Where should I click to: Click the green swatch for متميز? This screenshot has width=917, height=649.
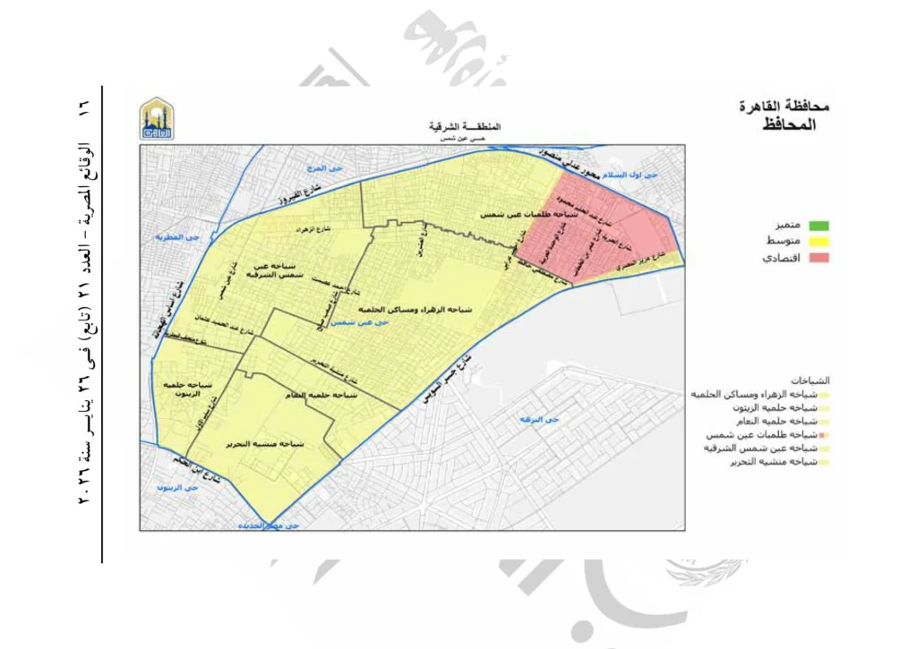(x=818, y=226)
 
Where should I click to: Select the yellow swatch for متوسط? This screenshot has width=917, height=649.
(x=818, y=242)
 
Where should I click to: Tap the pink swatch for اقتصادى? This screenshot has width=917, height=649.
(x=818, y=258)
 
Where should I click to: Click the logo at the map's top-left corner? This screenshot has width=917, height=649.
(x=158, y=118)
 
